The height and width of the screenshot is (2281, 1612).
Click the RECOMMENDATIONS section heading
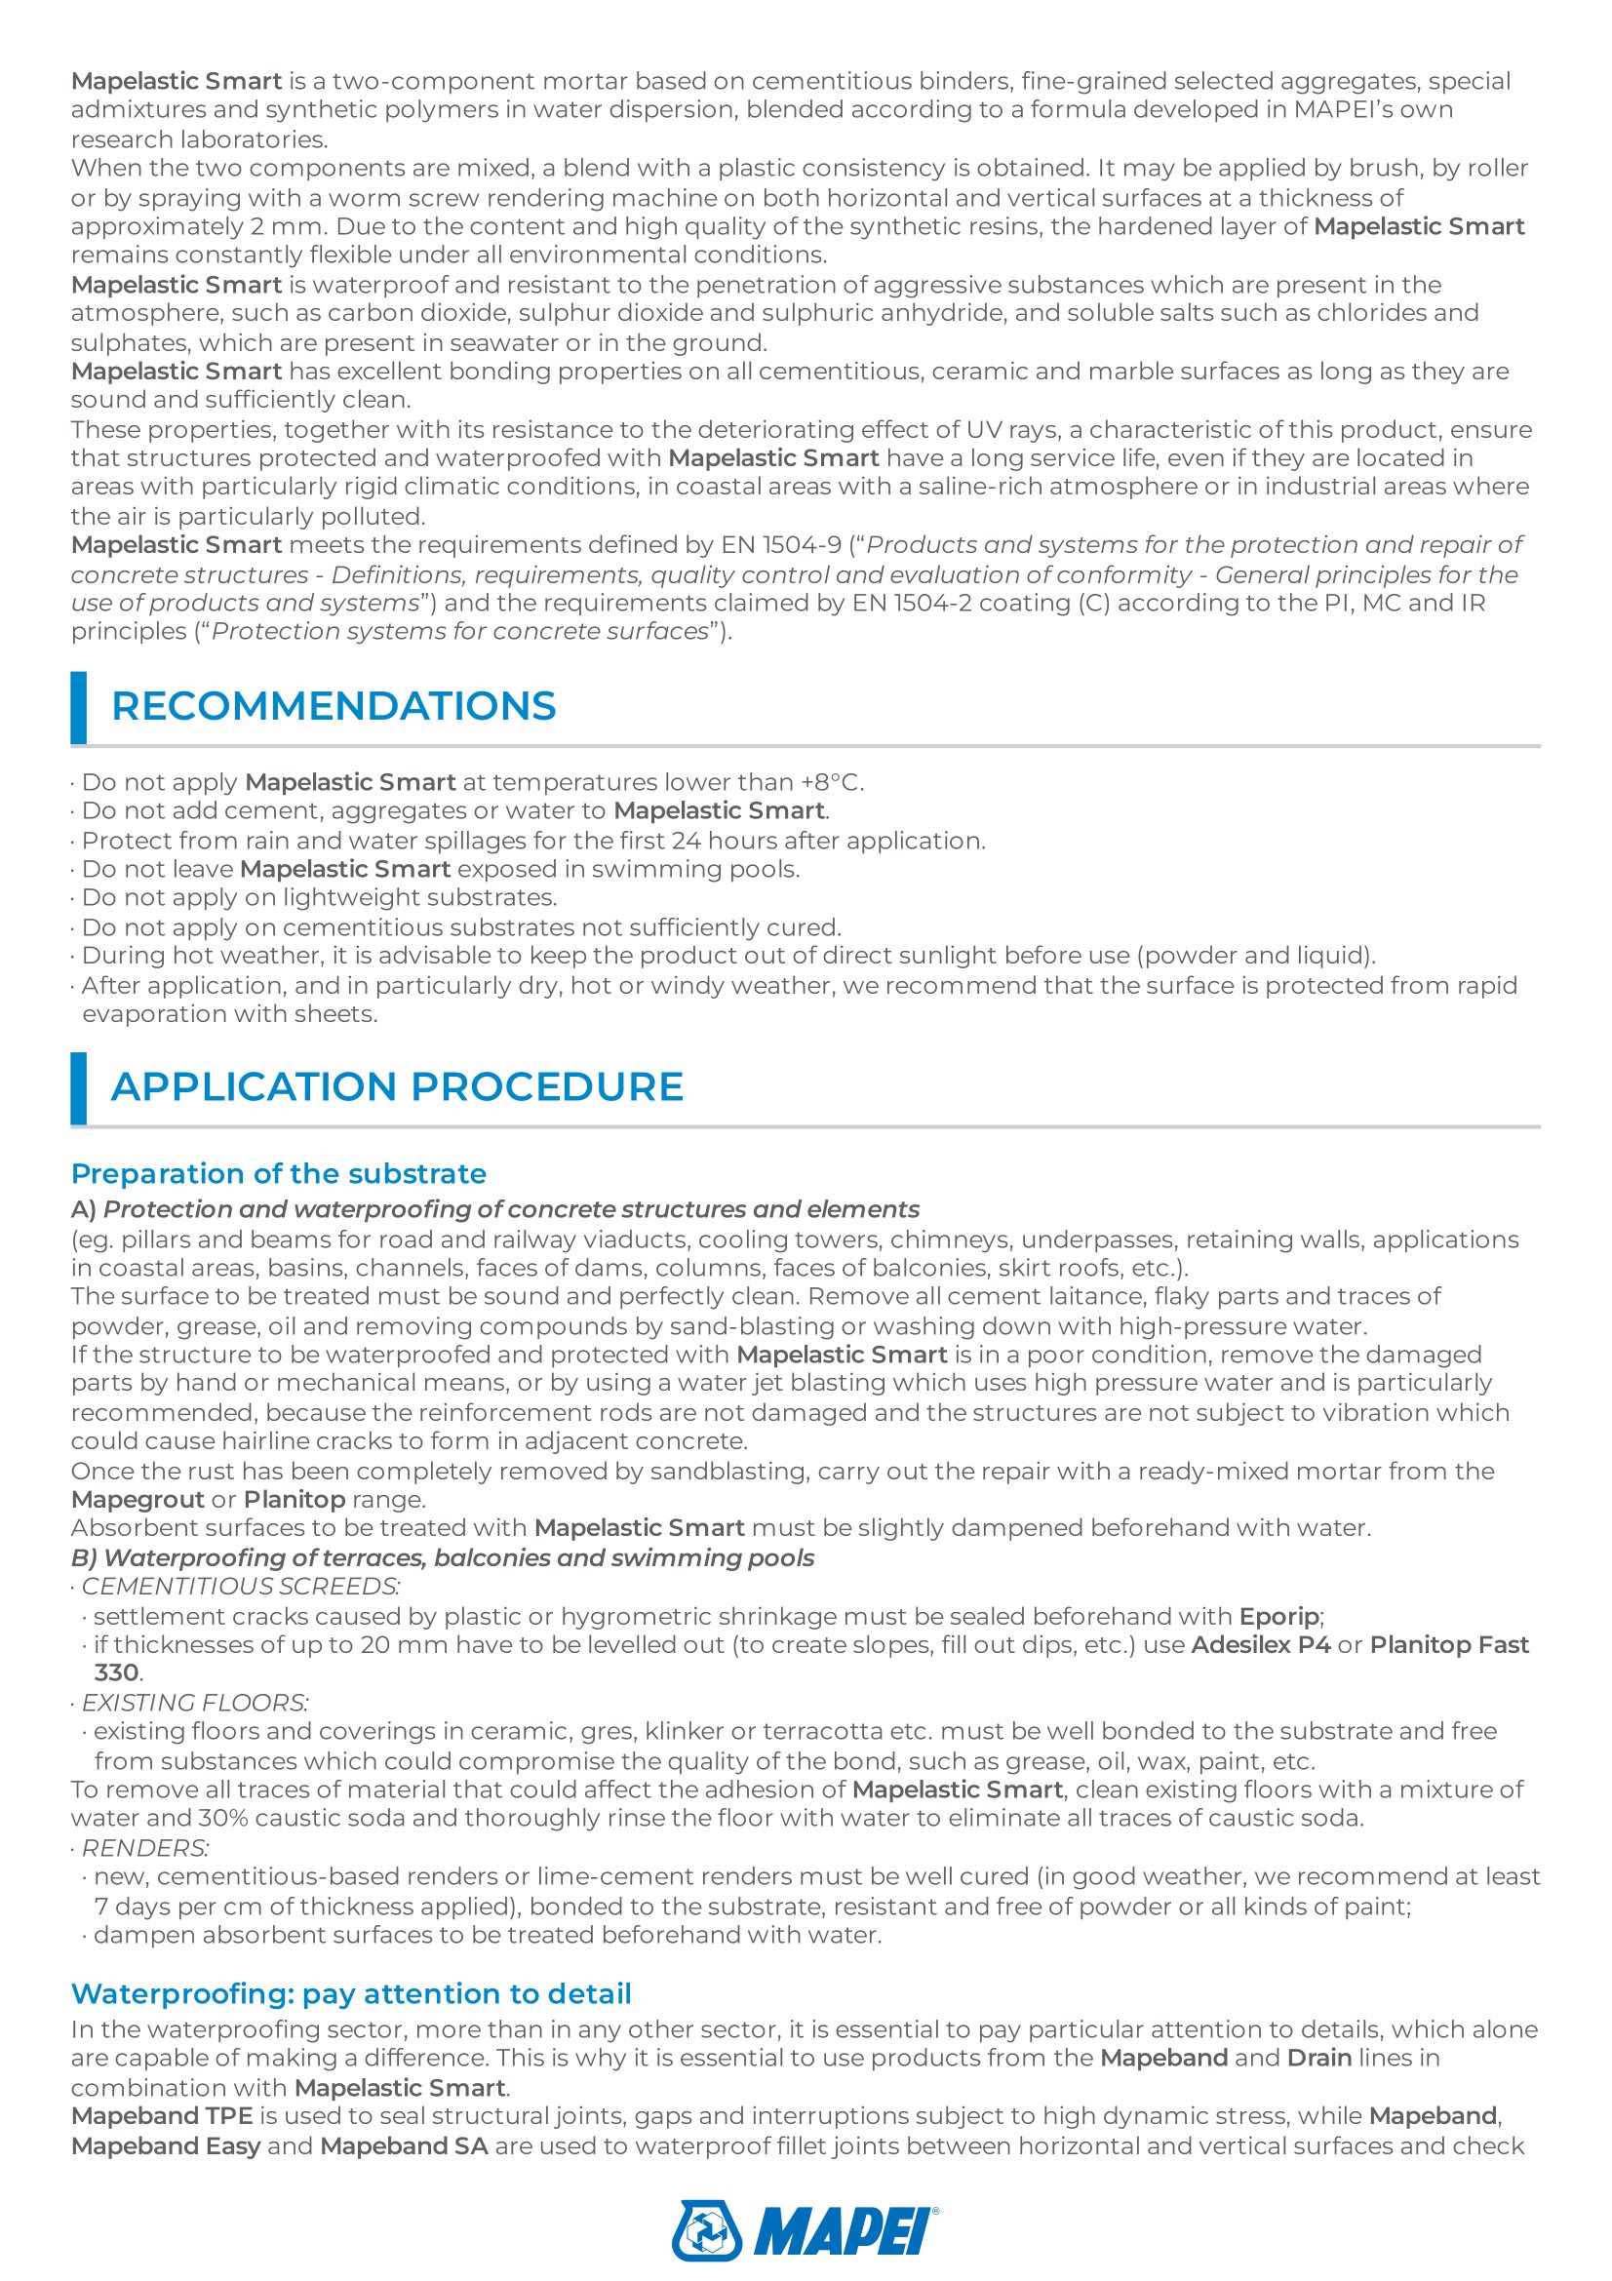point(333,706)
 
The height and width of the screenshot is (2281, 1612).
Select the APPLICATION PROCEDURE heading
point(396,1086)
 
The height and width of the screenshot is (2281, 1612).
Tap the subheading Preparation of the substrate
point(278,1173)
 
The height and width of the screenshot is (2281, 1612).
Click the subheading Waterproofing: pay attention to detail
point(351,1994)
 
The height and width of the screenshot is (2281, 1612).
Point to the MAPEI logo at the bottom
point(805,2230)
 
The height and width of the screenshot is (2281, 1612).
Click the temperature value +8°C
point(831,782)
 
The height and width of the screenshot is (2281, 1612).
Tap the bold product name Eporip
point(1279,1616)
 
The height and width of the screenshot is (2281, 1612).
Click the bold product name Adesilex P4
point(1260,1645)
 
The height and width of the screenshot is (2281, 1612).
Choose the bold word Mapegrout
point(138,1499)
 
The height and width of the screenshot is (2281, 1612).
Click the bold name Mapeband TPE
point(162,2116)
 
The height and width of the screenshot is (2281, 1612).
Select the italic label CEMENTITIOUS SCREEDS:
point(240,1587)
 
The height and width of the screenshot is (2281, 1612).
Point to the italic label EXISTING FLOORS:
point(195,1703)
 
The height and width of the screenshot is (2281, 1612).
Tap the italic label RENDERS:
point(145,1848)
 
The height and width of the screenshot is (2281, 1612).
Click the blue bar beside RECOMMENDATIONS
point(78,707)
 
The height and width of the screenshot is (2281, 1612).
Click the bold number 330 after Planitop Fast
point(116,1673)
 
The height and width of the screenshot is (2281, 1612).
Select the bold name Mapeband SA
point(404,2145)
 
